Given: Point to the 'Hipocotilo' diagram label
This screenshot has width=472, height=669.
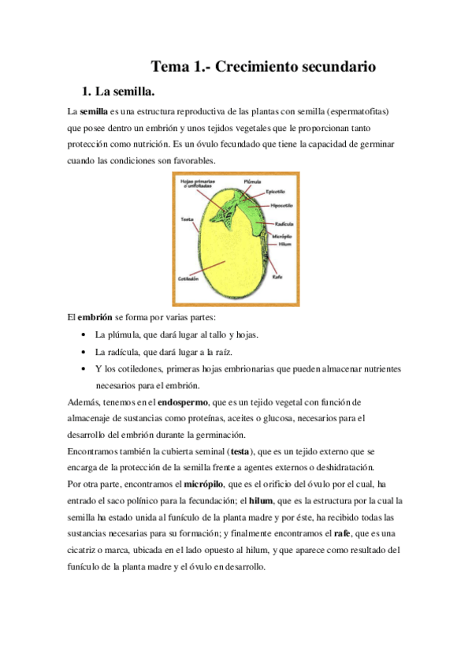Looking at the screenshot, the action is (x=281, y=205).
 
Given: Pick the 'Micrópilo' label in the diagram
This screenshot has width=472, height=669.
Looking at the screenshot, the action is (x=283, y=236).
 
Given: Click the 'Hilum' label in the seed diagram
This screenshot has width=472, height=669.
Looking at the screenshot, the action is (x=284, y=245).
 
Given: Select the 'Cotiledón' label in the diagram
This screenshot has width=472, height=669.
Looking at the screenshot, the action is (x=190, y=279).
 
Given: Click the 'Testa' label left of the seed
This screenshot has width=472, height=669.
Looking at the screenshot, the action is (x=188, y=219).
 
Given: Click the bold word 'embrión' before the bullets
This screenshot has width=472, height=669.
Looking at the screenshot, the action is (x=93, y=318).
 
